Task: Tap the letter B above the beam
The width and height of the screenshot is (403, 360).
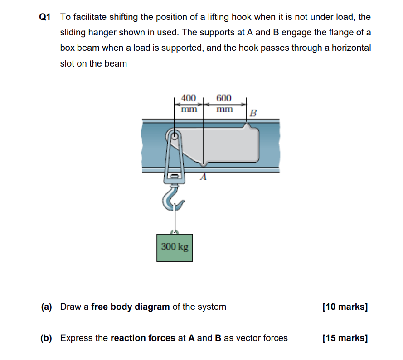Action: coord(253,113)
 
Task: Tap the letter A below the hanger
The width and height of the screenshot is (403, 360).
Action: coord(203,178)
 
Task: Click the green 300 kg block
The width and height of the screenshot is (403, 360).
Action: coord(175,247)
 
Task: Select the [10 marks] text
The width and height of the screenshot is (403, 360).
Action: coord(345,307)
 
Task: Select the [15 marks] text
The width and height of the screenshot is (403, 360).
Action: coord(345,338)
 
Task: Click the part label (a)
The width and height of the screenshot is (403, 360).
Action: coord(46,307)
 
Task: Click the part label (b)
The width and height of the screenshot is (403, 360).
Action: coord(46,338)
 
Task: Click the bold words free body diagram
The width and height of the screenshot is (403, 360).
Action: coord(131,307)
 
